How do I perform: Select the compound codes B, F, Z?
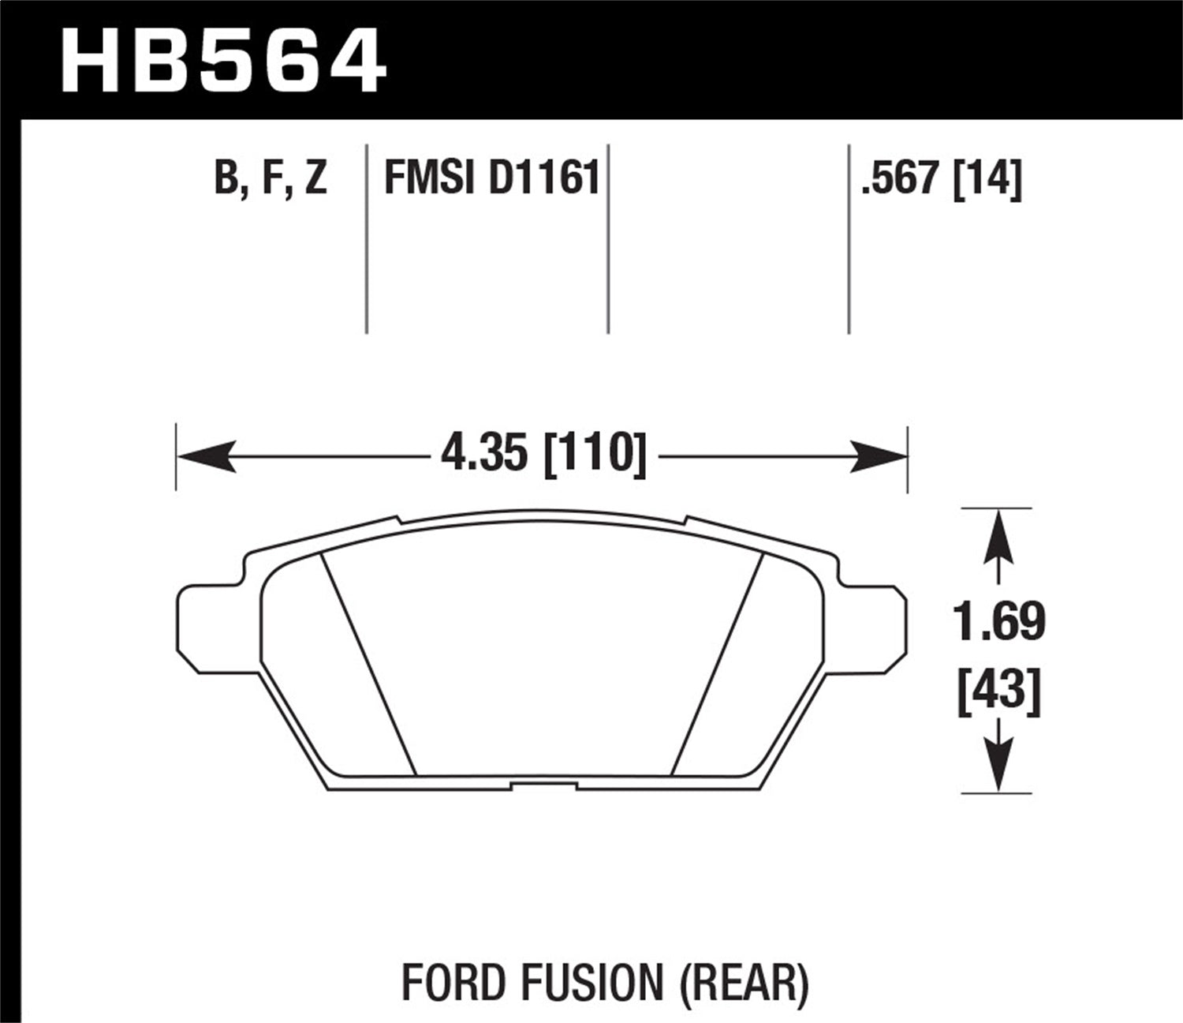pyautogui.click(x=270, y=178)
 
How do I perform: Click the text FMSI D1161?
pyautogui.click(x=491, y=178)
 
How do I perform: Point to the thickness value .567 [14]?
pyautogui.click(x=942, y=178)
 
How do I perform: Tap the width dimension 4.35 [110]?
pyautogui.click(x=543, y=455)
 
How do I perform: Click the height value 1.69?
pyautogui.click(x=998, y=621)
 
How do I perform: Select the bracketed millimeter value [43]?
pyautogui.click(x=998, y=692)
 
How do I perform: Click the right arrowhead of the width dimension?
pyautogui.click(x=879, y=456)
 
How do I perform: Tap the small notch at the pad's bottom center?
pyautogui.click(x=543, y=785)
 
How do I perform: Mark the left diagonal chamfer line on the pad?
pyautogui.click(x=368, y=663)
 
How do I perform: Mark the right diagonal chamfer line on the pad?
pyautogui.click(x=716, y=663)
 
